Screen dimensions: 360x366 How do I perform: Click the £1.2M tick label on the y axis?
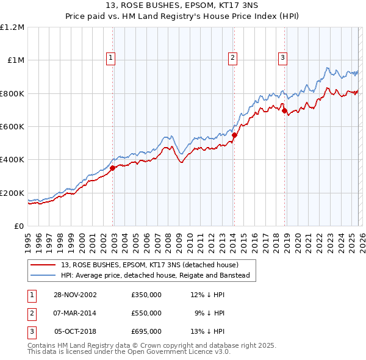tap(13, 27)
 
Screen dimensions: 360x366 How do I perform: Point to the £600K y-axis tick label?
tap(13, 127)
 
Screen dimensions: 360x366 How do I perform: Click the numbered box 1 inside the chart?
tap(111, 58)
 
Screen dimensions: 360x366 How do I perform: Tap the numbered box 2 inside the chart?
tap(232, 58)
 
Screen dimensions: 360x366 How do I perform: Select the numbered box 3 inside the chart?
tap(282, 58)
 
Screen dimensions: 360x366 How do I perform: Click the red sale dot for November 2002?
tap(113, 168)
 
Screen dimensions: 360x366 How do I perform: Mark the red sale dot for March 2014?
tap(234, 135)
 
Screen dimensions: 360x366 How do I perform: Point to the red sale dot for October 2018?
tap(284, 111)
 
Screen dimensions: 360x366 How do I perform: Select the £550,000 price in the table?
tap(146, 313)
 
